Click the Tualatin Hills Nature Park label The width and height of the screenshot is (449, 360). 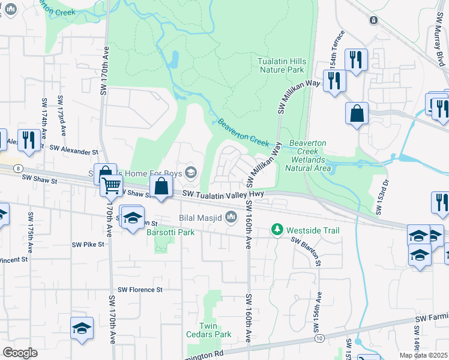[x=282, y=65]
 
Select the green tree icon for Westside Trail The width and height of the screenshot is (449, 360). [x=277, y=230]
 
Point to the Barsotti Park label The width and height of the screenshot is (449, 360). [x=170, y=232]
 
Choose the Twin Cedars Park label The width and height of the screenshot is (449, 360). [x=215, y=329]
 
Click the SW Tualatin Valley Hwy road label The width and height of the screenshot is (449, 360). [x=223, y=193]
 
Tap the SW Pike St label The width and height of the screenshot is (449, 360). [x=88, y=244]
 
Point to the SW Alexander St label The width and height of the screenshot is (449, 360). [x=73, y=148]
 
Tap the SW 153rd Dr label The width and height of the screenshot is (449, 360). [x=379, y=196]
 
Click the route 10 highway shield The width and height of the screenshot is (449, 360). [x=319, y=339]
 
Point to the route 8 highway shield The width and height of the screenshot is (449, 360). [x=19, y=169]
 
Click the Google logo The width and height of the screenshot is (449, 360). [x=20, y=353]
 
